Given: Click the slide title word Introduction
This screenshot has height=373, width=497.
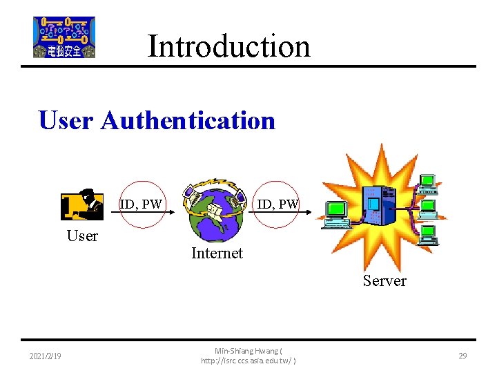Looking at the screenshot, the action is [x=228, y=46].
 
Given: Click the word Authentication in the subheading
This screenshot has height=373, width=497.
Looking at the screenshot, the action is [x=188, y=120].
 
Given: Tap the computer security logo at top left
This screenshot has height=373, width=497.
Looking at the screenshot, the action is [x=64, y=37].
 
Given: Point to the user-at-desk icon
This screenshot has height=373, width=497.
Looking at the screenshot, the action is [x=81, y=204].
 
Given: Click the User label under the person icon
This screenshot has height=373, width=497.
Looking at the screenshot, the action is [x=82, y=236].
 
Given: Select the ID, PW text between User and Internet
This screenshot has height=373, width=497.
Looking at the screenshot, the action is [x=141, y=204].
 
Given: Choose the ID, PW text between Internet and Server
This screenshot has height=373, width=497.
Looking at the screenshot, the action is [x=277, y=204].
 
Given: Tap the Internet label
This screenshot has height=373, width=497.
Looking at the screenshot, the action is [x=217, y=254].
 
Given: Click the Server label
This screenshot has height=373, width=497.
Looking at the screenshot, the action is [x=384, y=280].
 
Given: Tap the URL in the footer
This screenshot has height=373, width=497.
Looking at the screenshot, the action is [x=248, y=361].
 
